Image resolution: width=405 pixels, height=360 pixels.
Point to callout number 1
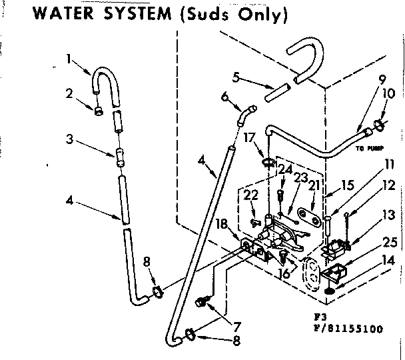coord(69,60)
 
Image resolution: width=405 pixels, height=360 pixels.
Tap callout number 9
coord(381,79)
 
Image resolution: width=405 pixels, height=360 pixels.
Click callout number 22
coord(250,194)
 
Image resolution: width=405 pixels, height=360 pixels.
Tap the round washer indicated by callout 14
coord(329,290)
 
